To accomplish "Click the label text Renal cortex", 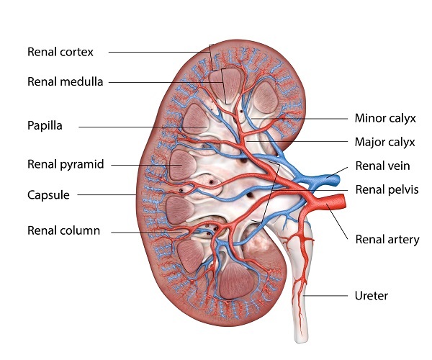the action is [60, 52].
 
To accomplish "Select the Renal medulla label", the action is [66, 82].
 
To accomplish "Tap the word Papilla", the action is [45, 126].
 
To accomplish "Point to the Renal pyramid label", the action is [66, 164].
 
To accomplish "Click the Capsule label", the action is [48, 195].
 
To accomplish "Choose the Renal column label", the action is [63, 231].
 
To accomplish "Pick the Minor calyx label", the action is [385, 118].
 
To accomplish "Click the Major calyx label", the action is [385, 143].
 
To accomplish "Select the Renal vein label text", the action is [383, 166].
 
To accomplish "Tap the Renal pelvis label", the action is [387, 190].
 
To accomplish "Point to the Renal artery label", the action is [387, 240].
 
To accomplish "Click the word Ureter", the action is [372, 296].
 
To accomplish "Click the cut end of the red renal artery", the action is [343, 201].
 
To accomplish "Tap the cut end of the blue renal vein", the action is [337, 180].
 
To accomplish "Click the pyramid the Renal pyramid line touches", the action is [182, 165].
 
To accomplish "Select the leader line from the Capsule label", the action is [107, 194].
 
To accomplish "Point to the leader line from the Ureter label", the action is [325, 296].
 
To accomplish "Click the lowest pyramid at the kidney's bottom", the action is [236, 281].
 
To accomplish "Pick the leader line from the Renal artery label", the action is [338, 222].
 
